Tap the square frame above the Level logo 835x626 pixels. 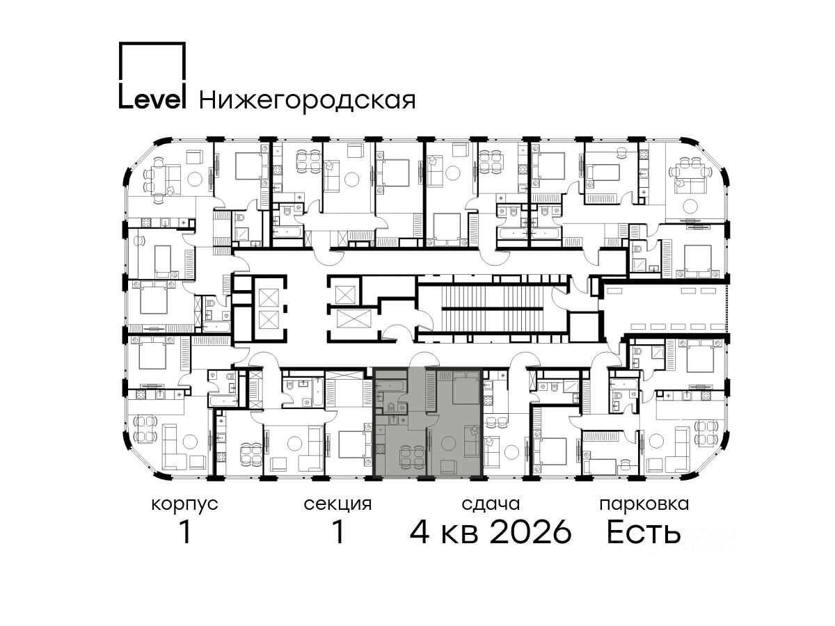coord(152,43)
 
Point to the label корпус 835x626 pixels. coord(184,505)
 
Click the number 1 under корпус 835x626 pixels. coord(185,532)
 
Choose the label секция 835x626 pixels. coord(337,504)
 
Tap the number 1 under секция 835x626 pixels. coord(337,532)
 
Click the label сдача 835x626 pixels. coord(491,504)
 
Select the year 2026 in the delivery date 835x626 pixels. coord(531,532)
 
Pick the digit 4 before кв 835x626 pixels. coord(420,532)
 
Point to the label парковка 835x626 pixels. coord(644,504)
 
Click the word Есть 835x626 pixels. coord(643,532)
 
